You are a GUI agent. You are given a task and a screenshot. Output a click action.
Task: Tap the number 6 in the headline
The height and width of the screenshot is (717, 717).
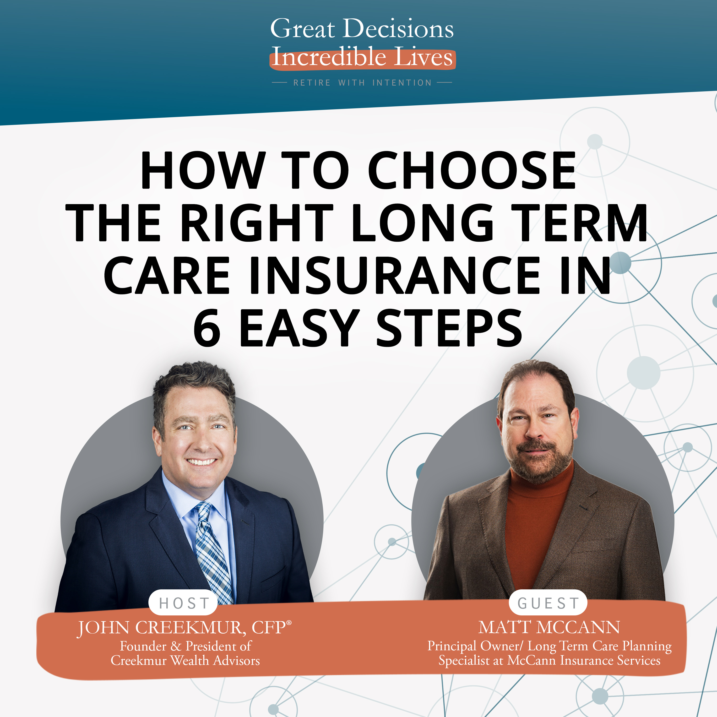click(207, 328)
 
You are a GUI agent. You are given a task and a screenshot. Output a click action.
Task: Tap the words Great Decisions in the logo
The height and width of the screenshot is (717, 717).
click(362, 29)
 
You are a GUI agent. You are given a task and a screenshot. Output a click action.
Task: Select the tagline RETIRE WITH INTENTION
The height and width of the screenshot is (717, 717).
click(362, 83)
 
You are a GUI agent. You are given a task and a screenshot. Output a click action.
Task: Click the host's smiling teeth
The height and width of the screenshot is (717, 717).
click(201, 462)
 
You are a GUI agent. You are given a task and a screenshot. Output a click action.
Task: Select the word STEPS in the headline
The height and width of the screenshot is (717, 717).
click(449, 328)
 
